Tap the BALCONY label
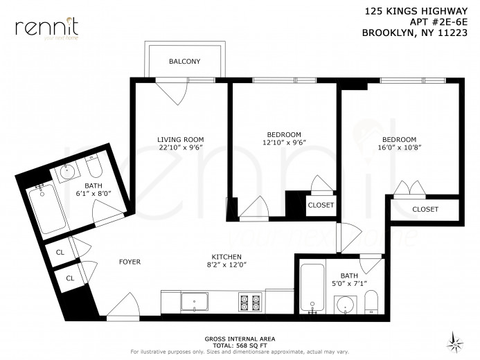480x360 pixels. click(184, 62)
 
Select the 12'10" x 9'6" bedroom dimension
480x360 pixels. click(284, 143)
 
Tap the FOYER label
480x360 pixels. click(130, 262)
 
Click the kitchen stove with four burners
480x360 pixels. click(249, 301)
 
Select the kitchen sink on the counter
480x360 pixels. click(195, 301)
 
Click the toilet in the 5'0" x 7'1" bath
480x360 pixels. click(371, 302)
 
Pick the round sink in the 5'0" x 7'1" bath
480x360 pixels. click(344, 303)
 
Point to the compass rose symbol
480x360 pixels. click(455, 341)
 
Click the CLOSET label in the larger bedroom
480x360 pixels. click(425, 209)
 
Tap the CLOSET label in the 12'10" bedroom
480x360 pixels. click(321, 206)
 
